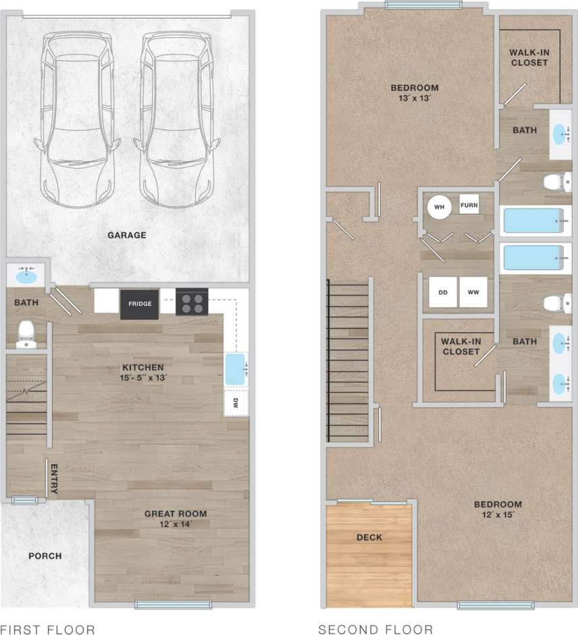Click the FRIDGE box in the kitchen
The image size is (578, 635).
[x=140, y=304]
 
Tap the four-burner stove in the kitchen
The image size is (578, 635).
[x=192, y=302]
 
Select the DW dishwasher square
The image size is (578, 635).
[x=236, y=403]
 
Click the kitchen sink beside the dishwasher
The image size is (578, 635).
[x=236, y=368]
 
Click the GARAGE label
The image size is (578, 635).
[x=127, y=236]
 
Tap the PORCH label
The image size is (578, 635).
[x=45, y=556]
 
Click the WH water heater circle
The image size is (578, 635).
[x=439, y=206]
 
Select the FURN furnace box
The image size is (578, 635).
[x=469, y=205]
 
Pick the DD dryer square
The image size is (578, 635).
[x=444, y=292]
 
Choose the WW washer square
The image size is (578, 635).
[x=473, y=292]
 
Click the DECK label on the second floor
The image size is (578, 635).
[x=369, y=537]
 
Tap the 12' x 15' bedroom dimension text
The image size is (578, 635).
[x=498, y=516]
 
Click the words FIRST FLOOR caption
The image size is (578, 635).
[x=48, y=629]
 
